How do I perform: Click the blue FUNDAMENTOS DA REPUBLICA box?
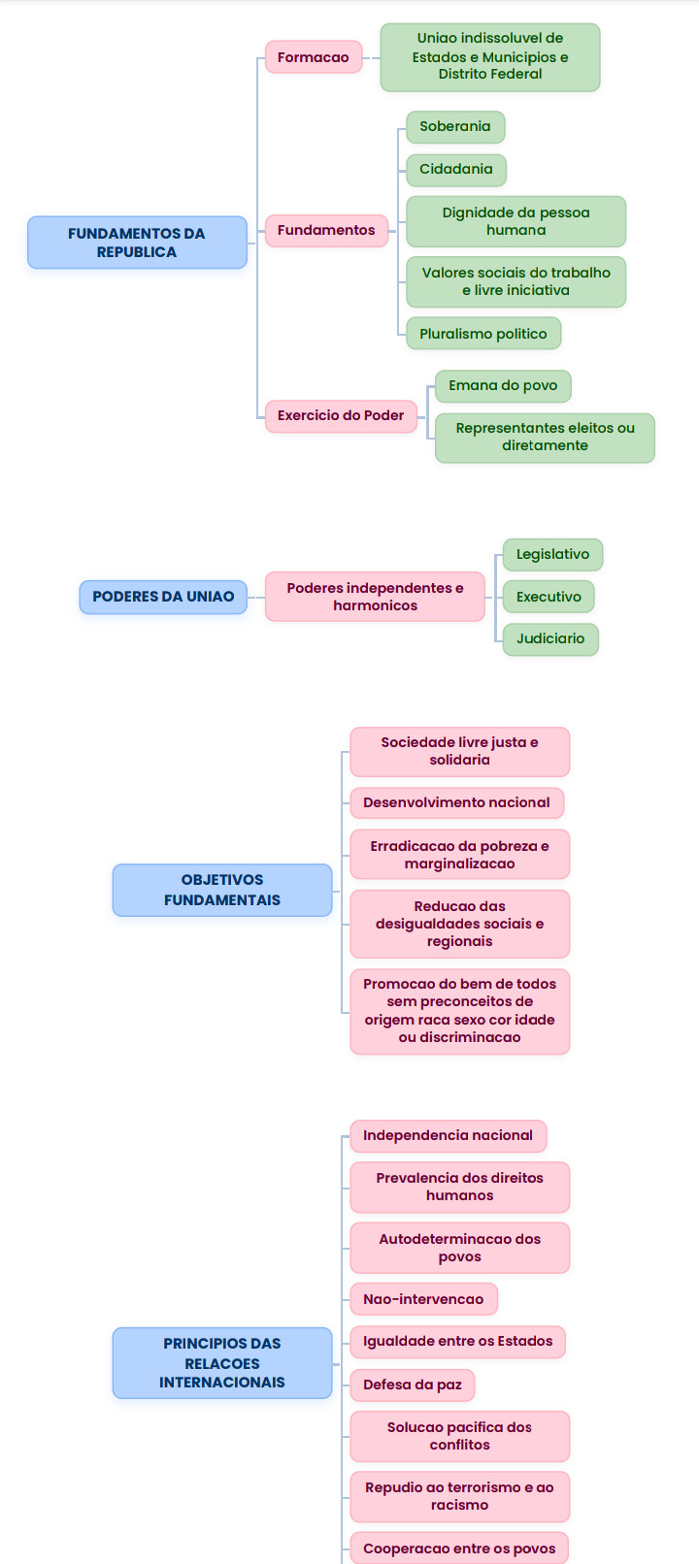click(x=137, y=243)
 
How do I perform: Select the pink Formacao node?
click(x=314, y=57)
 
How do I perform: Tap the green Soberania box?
click(x=455, y=126)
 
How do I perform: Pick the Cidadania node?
click(x=455, y=170)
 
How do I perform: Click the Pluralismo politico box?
click(x=483, y=334)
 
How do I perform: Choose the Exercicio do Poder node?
click(x=341, y=415)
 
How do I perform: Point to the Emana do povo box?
click(x=503, y=386)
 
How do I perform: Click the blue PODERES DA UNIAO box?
click(x=163, y=597)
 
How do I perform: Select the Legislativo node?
click(x=552, y=554)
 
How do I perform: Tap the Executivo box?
click(x=549, y=597)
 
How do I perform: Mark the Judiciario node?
click(x=550, y=638)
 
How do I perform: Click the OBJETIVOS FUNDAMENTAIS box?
click(x=222, y=891)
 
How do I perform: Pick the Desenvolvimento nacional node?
click(x=456, y=803)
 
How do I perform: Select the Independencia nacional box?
click(x=449, y=1136)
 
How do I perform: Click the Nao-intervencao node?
click(x=423, y=1299)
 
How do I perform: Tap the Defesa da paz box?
click(x=413, y=1385)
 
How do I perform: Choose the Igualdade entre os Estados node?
click(x=458, y=1341)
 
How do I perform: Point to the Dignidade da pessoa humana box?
click(x=516, y=221)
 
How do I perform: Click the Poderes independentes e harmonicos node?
click(x=375, y=597)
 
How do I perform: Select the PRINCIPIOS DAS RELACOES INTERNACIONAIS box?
click(x=222, y=1363)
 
